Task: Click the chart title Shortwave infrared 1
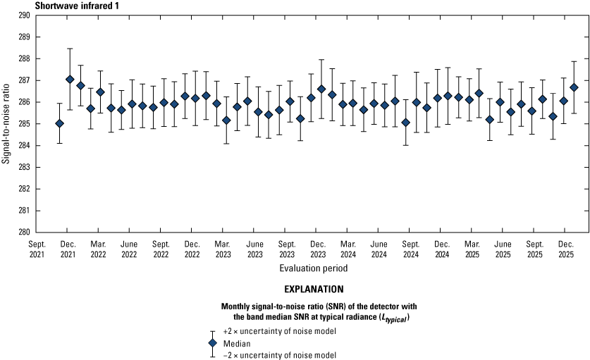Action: click(x=77, y=6)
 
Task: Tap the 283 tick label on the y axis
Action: click(x=25, y=168)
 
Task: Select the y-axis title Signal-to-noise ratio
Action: click(x=6, y=123)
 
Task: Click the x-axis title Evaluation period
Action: click(x=314, y=268)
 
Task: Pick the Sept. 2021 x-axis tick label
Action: click(x=37, y=249)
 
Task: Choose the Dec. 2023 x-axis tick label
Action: click(x=318, y=249)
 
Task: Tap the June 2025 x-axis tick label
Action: click(x=503, y=249)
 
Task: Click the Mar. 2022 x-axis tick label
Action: click(x=98, y=249)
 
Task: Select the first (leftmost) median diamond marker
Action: click(x=59, y=123)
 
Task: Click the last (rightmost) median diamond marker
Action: click(x=574, y=87)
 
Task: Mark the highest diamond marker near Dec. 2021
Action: click(x=70, y=80)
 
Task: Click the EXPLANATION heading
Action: click(x=314, y=290)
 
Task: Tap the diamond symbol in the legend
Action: click(x=213, y=343)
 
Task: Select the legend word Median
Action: click(x=237, y=344)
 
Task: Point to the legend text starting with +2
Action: click(x=280, y=331)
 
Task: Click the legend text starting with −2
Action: click(x=280, y=355)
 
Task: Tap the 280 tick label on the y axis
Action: click(x=25, y=232)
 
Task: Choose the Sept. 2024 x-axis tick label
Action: click(x=411, y=249)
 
